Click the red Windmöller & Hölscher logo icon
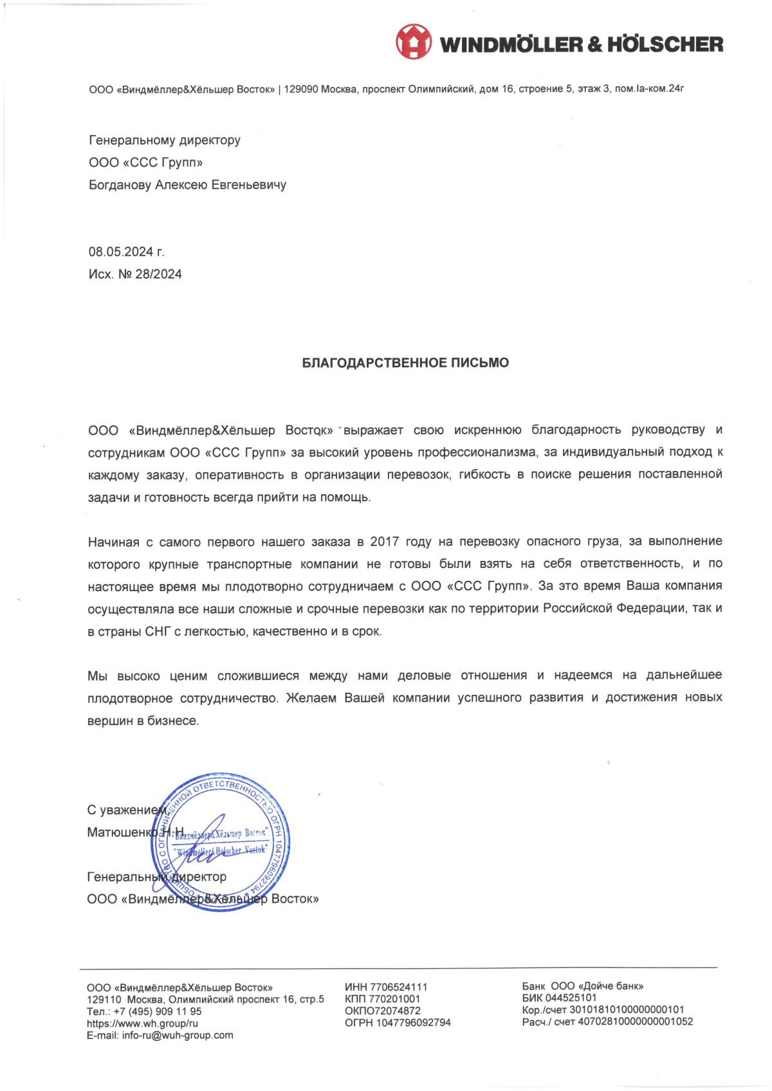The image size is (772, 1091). tap(413, 42)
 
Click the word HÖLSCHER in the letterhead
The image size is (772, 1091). tap(665, 44)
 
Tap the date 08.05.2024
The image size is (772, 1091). tap(120, 252)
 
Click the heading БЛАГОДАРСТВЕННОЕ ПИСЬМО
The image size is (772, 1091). tap(405, 363)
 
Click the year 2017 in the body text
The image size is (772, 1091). tap(384, 542)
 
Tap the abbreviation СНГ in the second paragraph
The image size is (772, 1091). tap(158, 631)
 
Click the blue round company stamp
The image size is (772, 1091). tap(221, 841)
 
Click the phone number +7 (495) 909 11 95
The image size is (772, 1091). tap(158, 1011)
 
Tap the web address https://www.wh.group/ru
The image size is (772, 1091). tap(142, 1023)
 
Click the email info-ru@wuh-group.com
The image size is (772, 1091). tap(178, 1035)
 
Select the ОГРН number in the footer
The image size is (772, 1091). tap(414, 1022)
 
